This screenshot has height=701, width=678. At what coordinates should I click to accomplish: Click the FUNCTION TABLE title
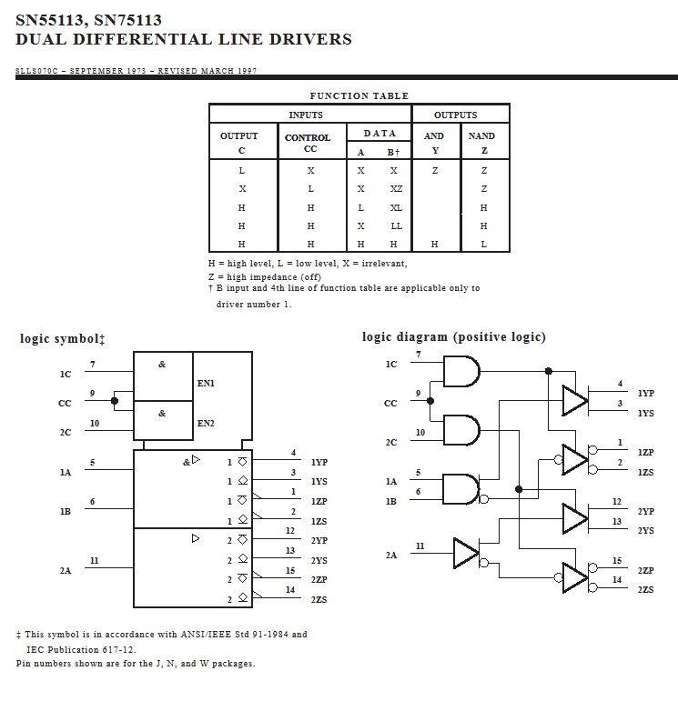(x=359, y=95)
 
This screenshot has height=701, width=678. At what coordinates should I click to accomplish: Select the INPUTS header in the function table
(x=306, y=115)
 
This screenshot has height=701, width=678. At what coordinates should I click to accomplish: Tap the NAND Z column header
(x=481, y=143)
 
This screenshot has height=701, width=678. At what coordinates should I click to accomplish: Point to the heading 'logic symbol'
(x=62, y=338)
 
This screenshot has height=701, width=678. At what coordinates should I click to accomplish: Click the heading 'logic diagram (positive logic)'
(x=453, y=337)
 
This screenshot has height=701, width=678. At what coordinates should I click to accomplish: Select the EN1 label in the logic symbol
(x=207, y=384)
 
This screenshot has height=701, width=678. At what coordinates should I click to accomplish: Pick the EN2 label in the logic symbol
(x=207, y=423)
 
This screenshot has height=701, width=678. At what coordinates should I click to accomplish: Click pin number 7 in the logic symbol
(x=93, y=365)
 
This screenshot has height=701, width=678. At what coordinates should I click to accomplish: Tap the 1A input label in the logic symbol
(x=66, y=473)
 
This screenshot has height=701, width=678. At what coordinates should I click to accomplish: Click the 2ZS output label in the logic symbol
(x=319, y=600)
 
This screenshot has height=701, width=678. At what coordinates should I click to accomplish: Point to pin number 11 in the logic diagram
(x=420, y=546)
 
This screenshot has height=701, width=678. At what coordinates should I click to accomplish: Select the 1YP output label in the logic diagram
(x=645, y=394)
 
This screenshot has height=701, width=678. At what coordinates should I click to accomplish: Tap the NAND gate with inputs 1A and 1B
(x=460, y=489)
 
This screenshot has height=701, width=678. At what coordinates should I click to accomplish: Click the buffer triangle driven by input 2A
(x=465, y=553)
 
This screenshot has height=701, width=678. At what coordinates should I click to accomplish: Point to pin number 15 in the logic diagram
(x=617, y=561)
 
